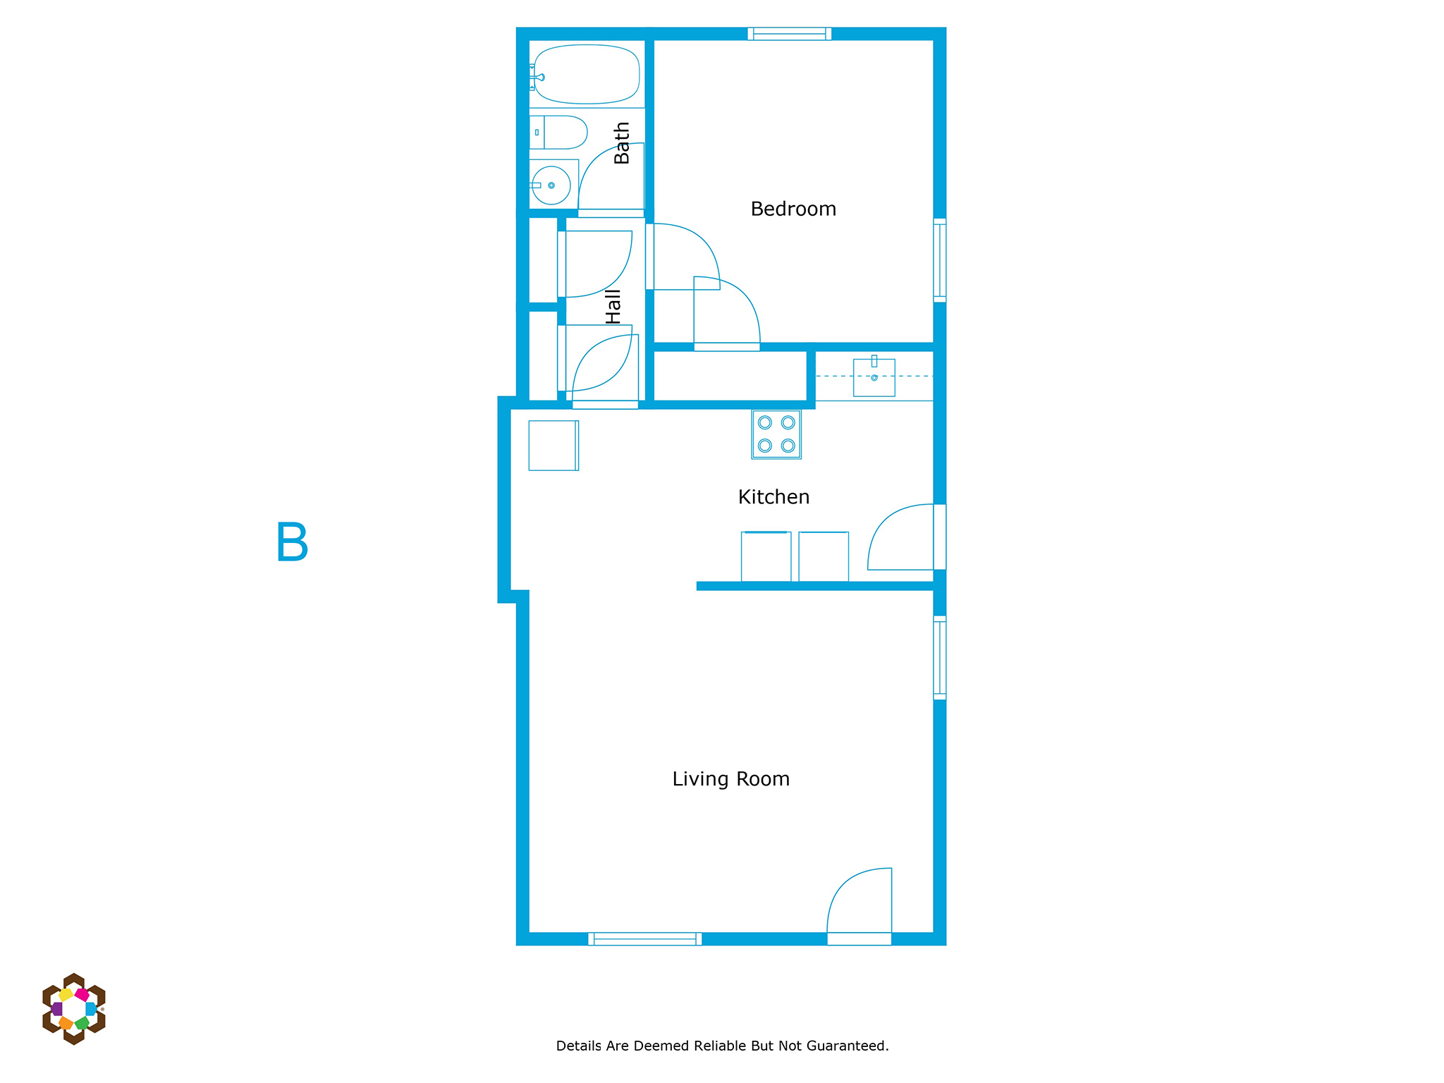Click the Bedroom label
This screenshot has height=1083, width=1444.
(x=793, y=209)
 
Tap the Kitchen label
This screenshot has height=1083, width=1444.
(x=773, y=497)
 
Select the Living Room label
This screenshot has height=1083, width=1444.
(x=730, y=779)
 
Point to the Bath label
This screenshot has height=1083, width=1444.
(x=621, y=143)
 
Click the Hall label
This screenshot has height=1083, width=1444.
(x=613, y=307)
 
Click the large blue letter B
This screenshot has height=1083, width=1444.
(x=292, y=541)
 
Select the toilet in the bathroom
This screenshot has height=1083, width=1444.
(x=558, y=133)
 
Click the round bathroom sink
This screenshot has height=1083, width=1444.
(x=551, y=185)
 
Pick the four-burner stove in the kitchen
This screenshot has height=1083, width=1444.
(x=776, y=434)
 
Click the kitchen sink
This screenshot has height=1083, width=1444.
(x=874, y=377)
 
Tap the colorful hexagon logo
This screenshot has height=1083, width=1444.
(x=74, y=1009)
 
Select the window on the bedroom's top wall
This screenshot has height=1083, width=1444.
(x=790, y=34)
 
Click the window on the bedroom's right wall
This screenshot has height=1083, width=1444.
(x=940, y=260)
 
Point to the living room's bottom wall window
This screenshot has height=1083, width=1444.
(x=645, y=939)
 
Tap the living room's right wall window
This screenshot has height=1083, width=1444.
(x=940, y=658)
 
